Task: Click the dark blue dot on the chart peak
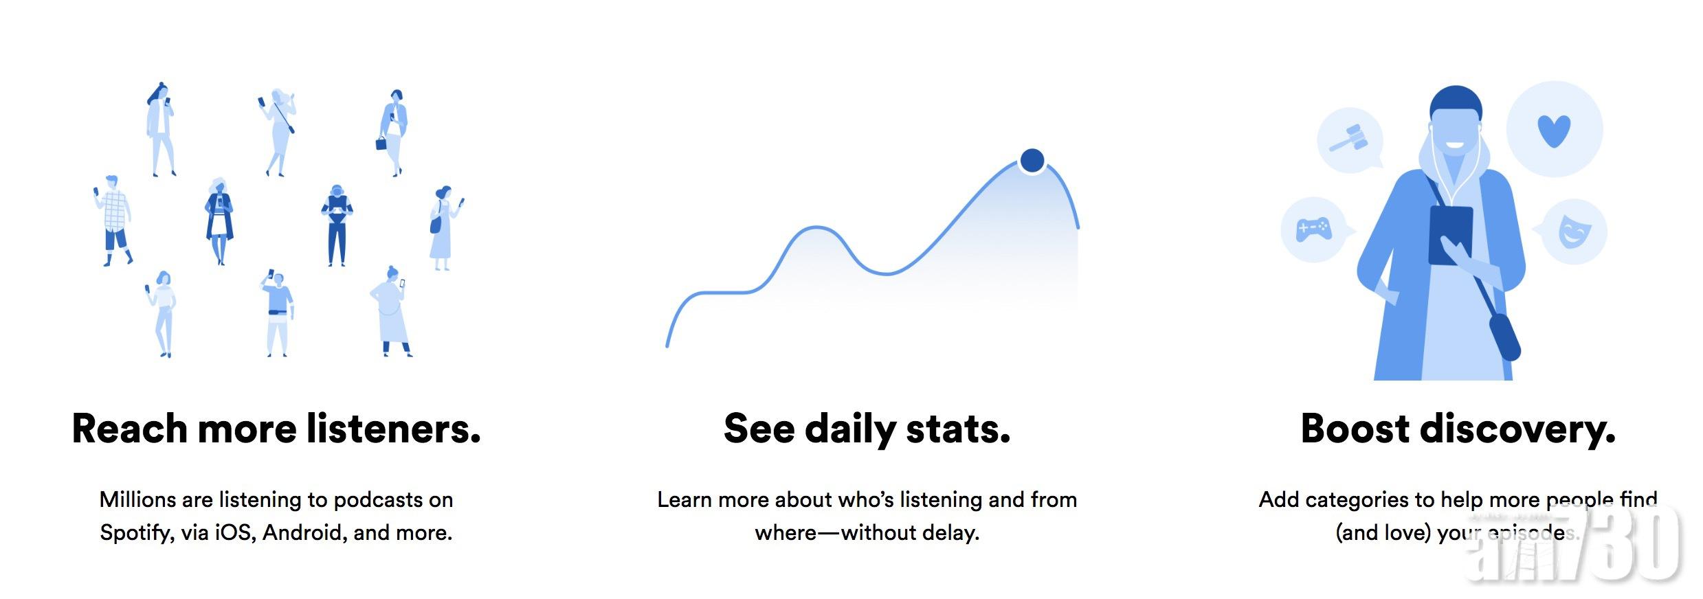point(1032,160)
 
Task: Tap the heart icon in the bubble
point(1553,131)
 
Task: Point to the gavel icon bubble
point(1350,139)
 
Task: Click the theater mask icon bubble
point(1572,231)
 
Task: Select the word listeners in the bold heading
point(392,429)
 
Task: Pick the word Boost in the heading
point(1355,429)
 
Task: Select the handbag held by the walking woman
point(381,143)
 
